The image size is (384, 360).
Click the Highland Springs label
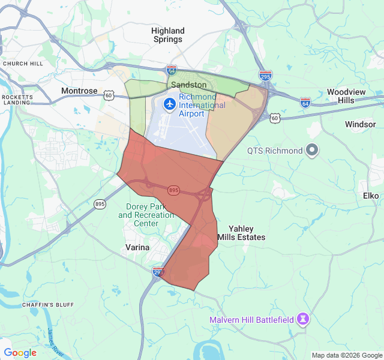point(167,35)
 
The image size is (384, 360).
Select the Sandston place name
point(188,85)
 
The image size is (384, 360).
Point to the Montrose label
point(79,91)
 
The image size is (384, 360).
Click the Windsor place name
point(360,124)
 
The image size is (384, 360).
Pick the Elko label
point(371,196)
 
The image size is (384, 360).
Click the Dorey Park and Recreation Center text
point(142,215)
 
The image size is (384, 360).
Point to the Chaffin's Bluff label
point(47,305)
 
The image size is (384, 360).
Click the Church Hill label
point(23,63)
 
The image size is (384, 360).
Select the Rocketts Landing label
point(16,100)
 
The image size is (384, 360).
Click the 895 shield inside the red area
point(173,190)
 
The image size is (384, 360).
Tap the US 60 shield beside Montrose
point(108,95)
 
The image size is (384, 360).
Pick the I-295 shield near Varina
point(158,271)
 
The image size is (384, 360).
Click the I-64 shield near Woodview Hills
point(305,102)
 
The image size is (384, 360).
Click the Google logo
point(20,353)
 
